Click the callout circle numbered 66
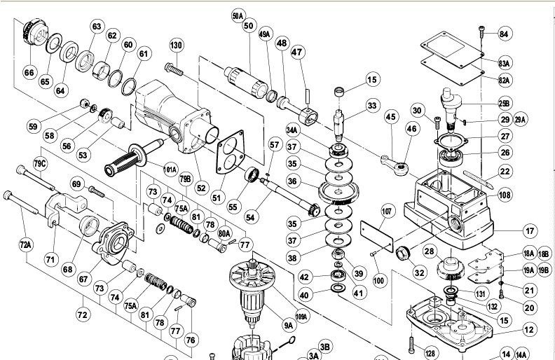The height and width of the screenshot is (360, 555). coord(29,71)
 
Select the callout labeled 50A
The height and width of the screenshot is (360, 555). coord(238,15)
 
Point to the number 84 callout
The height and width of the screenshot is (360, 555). coord(504,34)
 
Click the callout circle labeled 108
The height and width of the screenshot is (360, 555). coord(504,195)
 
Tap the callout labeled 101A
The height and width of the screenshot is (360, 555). coord(170,170)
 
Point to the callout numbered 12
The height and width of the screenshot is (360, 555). coord(529,329)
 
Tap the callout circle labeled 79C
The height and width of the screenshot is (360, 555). coord(40,164)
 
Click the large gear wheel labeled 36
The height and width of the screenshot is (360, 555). coord(338,191)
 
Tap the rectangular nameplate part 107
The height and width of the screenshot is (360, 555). coord(377,233)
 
